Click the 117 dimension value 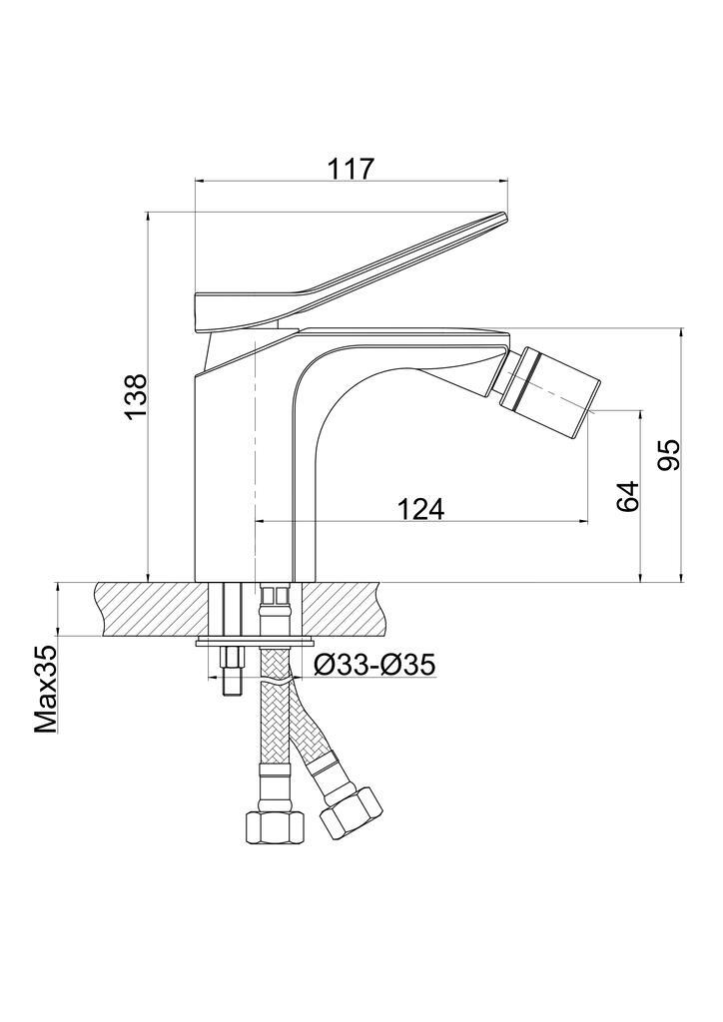point(352,169)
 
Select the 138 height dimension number point(134,397)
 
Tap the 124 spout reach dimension point(419,509)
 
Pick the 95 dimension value point(668,455)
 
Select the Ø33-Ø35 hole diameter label point(373,665)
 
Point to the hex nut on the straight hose point(275,826)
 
